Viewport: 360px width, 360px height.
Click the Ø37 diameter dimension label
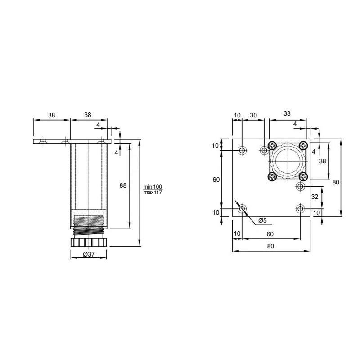tap(89, 254)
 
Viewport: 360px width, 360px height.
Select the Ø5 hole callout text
tap(262, 220)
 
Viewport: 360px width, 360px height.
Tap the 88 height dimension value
tap(123, 185)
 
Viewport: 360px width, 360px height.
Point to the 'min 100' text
tap(153, 187)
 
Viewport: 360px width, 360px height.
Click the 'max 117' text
tap(153, 193)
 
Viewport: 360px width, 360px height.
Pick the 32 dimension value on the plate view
tap(315, 197)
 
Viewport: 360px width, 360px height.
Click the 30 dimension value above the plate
tap(253, 115)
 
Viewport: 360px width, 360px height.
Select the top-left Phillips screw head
tap(273, 145)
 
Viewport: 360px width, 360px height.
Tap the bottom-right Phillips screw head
tap(303, 176)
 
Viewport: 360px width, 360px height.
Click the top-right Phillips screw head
tap(303, 145)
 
